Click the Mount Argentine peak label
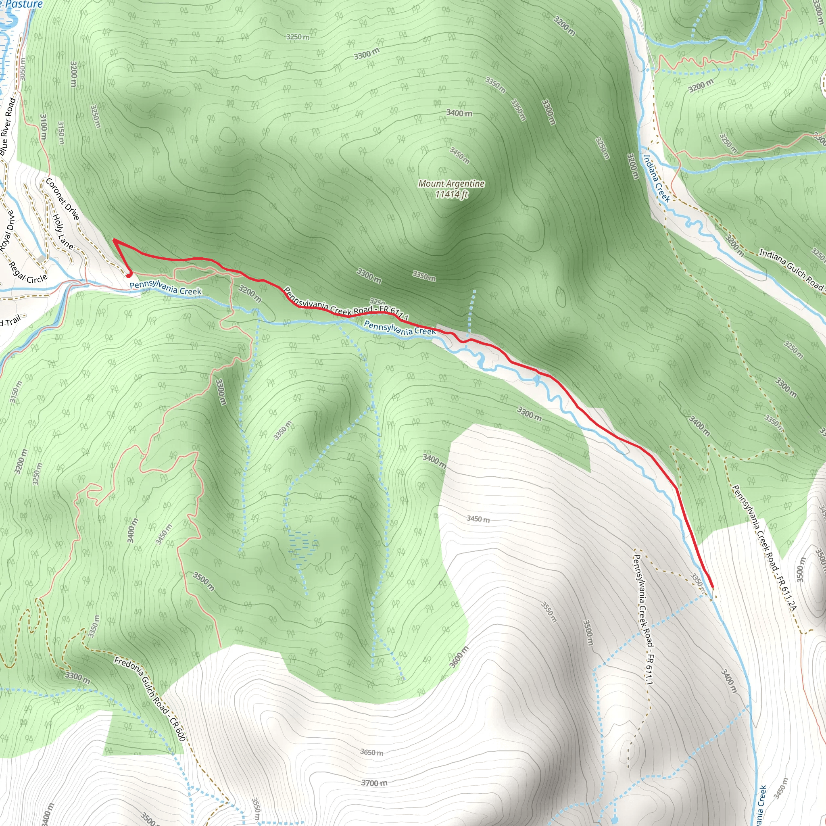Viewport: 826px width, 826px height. point(451,184)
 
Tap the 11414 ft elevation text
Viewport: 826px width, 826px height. point(451,194)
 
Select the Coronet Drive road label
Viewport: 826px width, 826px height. point(63,199)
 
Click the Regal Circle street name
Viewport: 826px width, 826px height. point(29,273)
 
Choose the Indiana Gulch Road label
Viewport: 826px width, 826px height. point(791,269)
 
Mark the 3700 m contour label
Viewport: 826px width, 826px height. point(374,783)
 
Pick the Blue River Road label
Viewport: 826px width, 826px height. point(8,127)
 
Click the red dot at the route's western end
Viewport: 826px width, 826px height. point(128,275)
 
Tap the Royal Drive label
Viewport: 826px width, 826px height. point(7,231)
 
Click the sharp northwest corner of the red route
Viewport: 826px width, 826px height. point(114,241)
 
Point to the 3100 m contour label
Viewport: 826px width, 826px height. point(44,127)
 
